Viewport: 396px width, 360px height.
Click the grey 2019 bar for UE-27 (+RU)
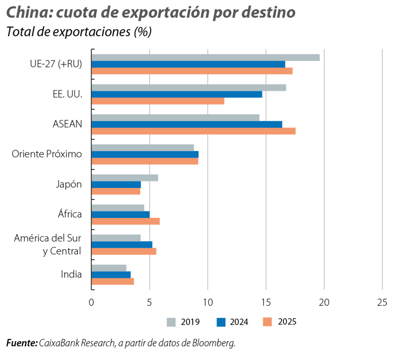205,57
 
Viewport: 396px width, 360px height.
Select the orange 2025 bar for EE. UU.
158,101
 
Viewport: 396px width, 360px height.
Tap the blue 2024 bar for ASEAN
187,124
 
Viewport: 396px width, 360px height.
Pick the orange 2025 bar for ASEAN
193,131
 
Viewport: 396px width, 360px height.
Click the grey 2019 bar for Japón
125,177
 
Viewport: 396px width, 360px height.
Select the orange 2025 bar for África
125,221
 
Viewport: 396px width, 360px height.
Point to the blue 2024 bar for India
111,275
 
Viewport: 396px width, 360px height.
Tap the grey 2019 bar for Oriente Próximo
143,147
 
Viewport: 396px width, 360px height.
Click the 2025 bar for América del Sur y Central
124,251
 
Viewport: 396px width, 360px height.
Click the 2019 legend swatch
172,322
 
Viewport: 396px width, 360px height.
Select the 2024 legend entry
232,322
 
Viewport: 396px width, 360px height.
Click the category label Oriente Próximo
47,154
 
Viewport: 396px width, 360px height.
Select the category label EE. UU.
67,94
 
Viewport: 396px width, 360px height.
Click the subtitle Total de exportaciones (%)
79,33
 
